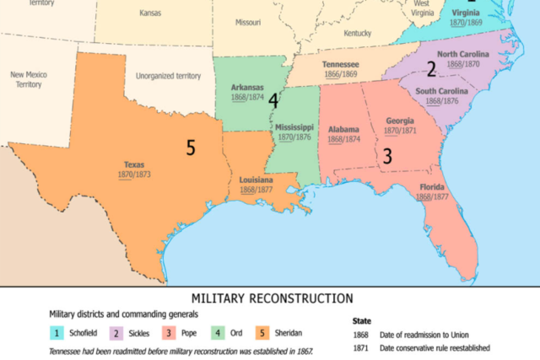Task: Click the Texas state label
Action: click(133, 164)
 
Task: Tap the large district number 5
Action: click(191, 148)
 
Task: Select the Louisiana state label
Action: click(256, 180)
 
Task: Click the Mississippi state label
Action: click(295, 127)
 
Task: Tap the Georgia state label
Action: click(401, 121)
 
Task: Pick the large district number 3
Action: click(388, 156)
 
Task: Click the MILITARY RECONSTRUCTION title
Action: click(272, 298)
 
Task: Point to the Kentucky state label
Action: click(358, 33)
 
